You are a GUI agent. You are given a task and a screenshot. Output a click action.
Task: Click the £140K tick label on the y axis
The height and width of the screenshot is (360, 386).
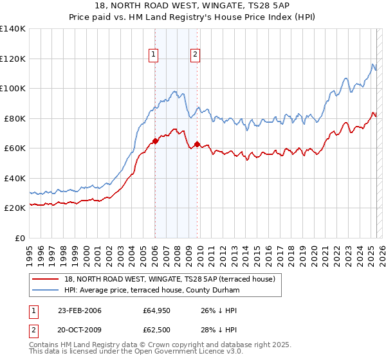(x=13, y=29)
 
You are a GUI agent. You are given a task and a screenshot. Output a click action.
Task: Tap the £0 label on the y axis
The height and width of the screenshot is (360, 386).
(x=20, y=238)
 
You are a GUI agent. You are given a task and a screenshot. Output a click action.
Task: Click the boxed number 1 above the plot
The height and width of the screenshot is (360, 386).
(x=154, y=55)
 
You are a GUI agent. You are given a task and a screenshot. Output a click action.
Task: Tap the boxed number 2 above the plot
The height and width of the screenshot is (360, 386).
(x=194, y=55)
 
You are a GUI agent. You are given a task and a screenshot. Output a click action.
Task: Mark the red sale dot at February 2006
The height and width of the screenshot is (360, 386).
(x=155, y=141)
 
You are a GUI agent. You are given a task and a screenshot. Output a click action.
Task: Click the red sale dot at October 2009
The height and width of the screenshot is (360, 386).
(x=197, y=145)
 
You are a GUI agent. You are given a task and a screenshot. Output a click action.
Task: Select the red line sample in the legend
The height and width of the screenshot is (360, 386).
(x=45, y=279)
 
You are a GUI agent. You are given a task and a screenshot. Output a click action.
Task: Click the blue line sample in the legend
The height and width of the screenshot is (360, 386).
(x=45, y=291)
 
